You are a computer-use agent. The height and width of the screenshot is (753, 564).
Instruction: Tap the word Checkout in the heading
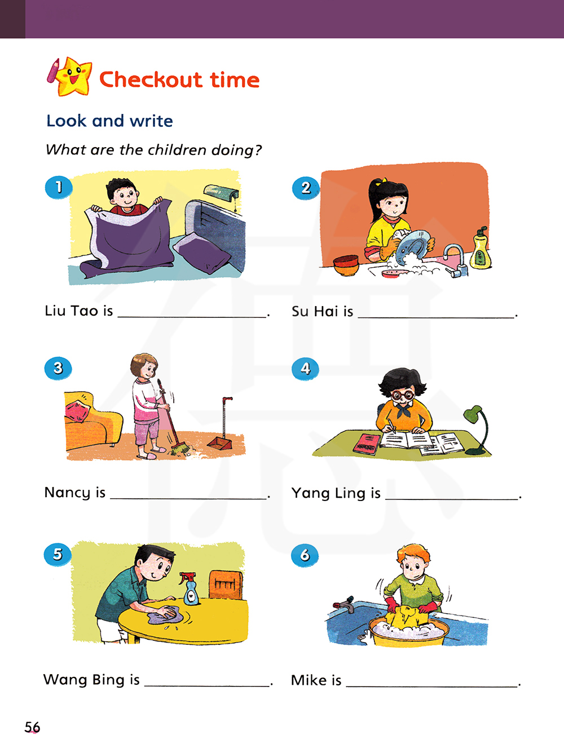point(151,79)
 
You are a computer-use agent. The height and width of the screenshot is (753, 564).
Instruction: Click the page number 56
point(32,727)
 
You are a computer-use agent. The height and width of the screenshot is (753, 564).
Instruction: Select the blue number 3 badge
point(58,368)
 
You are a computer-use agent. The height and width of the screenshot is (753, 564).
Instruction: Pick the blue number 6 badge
point(305,555)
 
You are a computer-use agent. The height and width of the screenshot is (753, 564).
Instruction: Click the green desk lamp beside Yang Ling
point(477,430)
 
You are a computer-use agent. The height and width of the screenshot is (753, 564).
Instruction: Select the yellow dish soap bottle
point(481,248)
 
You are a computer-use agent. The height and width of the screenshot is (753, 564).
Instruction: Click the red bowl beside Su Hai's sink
point(346,265)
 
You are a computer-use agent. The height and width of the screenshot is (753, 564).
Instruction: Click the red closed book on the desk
point(367,444)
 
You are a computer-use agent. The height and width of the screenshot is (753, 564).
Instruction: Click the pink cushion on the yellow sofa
point(78,411)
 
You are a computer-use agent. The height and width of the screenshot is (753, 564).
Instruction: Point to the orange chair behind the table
point(226,584)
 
